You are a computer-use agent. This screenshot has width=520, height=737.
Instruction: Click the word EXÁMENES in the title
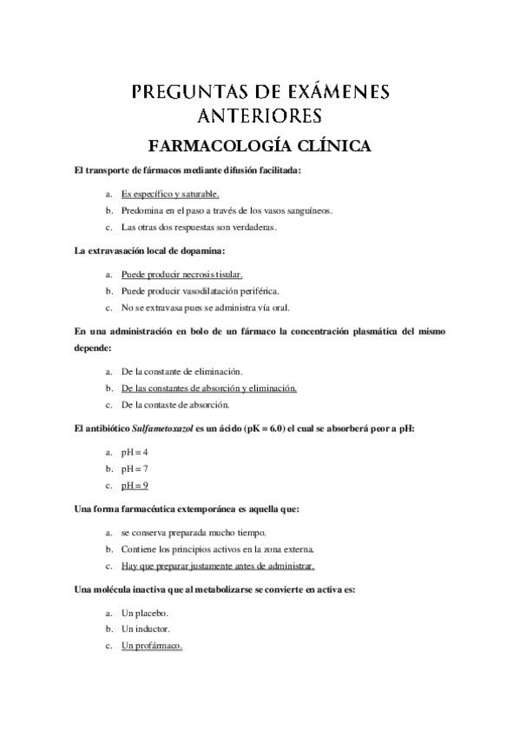[330, 91]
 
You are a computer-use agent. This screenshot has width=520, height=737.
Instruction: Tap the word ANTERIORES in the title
[260, 116]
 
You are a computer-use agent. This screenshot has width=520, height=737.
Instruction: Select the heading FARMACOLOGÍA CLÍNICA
[260, 145]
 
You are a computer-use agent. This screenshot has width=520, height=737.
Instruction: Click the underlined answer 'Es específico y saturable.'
[170, 195]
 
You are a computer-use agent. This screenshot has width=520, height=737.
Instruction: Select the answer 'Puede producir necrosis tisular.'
[181, 275]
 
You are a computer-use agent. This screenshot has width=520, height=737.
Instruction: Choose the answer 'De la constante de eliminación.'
[181, 371]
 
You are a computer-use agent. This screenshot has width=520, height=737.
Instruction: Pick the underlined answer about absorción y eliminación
[209, 388]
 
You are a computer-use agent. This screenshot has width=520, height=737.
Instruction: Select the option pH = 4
[135, 453]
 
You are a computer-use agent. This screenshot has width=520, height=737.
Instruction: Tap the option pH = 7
[135, 468]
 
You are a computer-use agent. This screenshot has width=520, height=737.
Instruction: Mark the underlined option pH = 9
[135, 485]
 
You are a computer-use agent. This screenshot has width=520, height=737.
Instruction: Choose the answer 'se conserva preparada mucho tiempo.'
[194, 532]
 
